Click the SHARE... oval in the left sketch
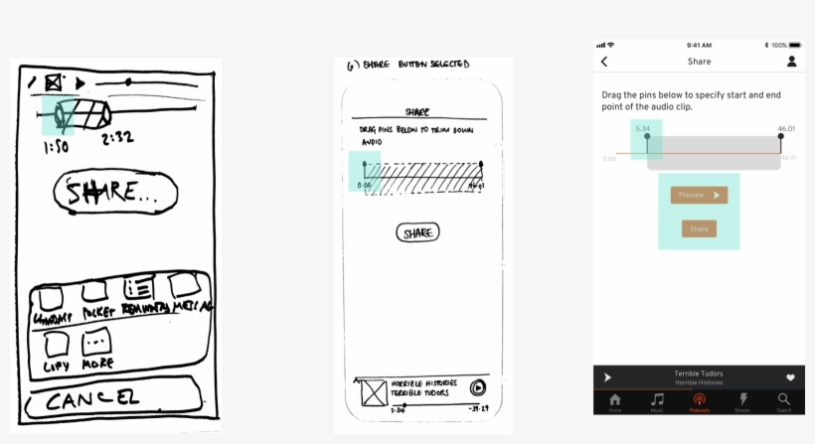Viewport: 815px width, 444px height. pyautogui.click(x=114, y=193)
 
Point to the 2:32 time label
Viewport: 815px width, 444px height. pyautogui.click(x=117, y=138)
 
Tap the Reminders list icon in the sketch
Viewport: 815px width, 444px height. pyautogui.click(x=138, y=289)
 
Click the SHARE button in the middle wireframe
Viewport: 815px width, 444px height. pyautogui.click(x=417, y=232)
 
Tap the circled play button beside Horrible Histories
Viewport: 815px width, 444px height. pyautogui.click(x=478, y=388)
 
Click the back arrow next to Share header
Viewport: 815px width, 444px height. pyautogui.click(x=604, y=62)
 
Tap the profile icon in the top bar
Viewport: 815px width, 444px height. pyautogui.click(x=792, y=62)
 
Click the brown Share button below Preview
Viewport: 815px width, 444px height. pyautogui.click(x=699, y=228)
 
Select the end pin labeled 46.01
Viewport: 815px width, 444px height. pyautogui.click(x=781, y=139)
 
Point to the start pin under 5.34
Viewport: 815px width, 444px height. pyautogui.click(x=646, y=140)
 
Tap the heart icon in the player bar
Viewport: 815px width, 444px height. pyautogui.click(x=790, y=377)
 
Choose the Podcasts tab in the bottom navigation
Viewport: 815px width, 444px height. pyautogui.click(x=699, y=400)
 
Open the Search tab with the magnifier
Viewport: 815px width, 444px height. pyautogui.click(x=783, y=400)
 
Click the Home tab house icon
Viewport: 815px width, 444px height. pyautogui.click(x=615, y=400)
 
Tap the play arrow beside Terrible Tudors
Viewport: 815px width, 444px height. pyautogui.click(x=607, y=377)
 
